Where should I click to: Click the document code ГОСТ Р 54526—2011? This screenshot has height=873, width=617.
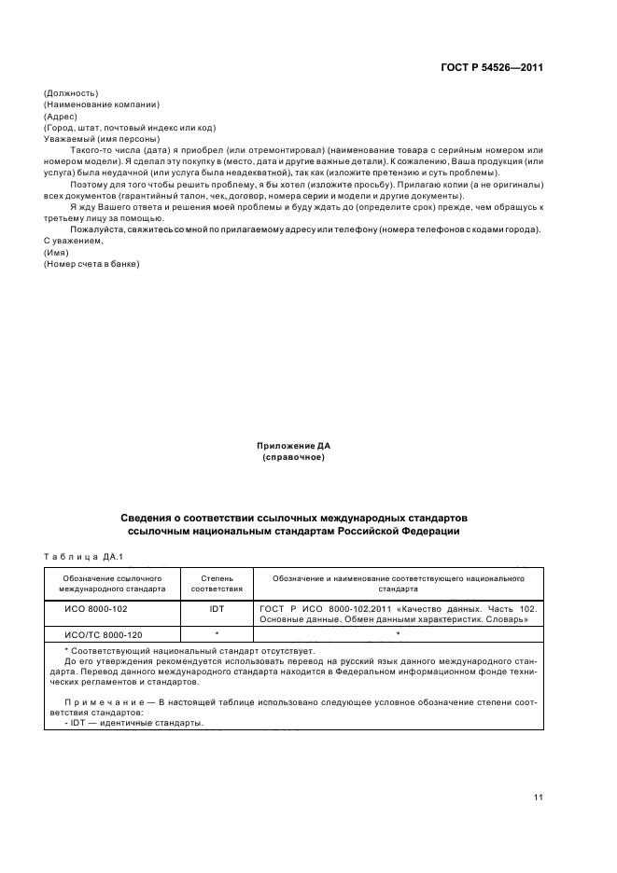click(x=492, y=67)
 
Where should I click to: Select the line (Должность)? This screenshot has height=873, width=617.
click(x=71, y=92)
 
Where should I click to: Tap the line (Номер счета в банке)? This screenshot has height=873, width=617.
click(x=91, y=264)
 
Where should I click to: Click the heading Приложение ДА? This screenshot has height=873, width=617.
click(x=293, y=447)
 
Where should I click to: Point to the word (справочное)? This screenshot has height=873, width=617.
click(x=293, y=458)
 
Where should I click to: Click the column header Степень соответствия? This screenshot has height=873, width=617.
click(x=217, y=583)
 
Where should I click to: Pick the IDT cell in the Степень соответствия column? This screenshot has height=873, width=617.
click(x=217, y=614)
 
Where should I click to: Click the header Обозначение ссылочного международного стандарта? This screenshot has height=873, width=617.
click(x=112, y=583)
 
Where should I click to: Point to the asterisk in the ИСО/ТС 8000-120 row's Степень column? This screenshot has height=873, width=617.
click(x=217, y=634)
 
